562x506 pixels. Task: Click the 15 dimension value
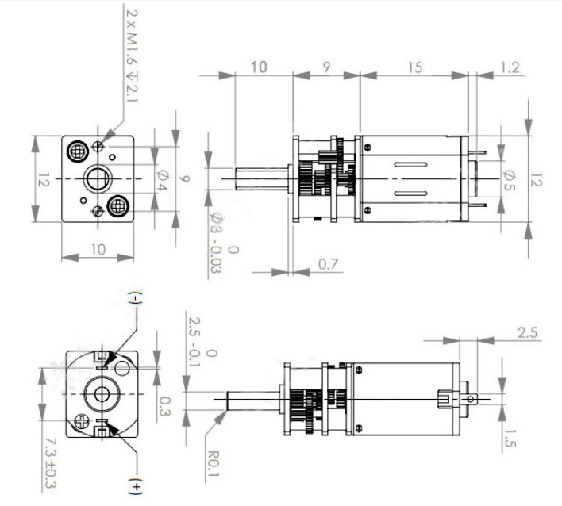coord(416,67)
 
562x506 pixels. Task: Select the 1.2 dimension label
coord(513,67)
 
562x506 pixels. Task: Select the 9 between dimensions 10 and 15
coord(327,67)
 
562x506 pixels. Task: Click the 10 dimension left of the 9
coord(260,67)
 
